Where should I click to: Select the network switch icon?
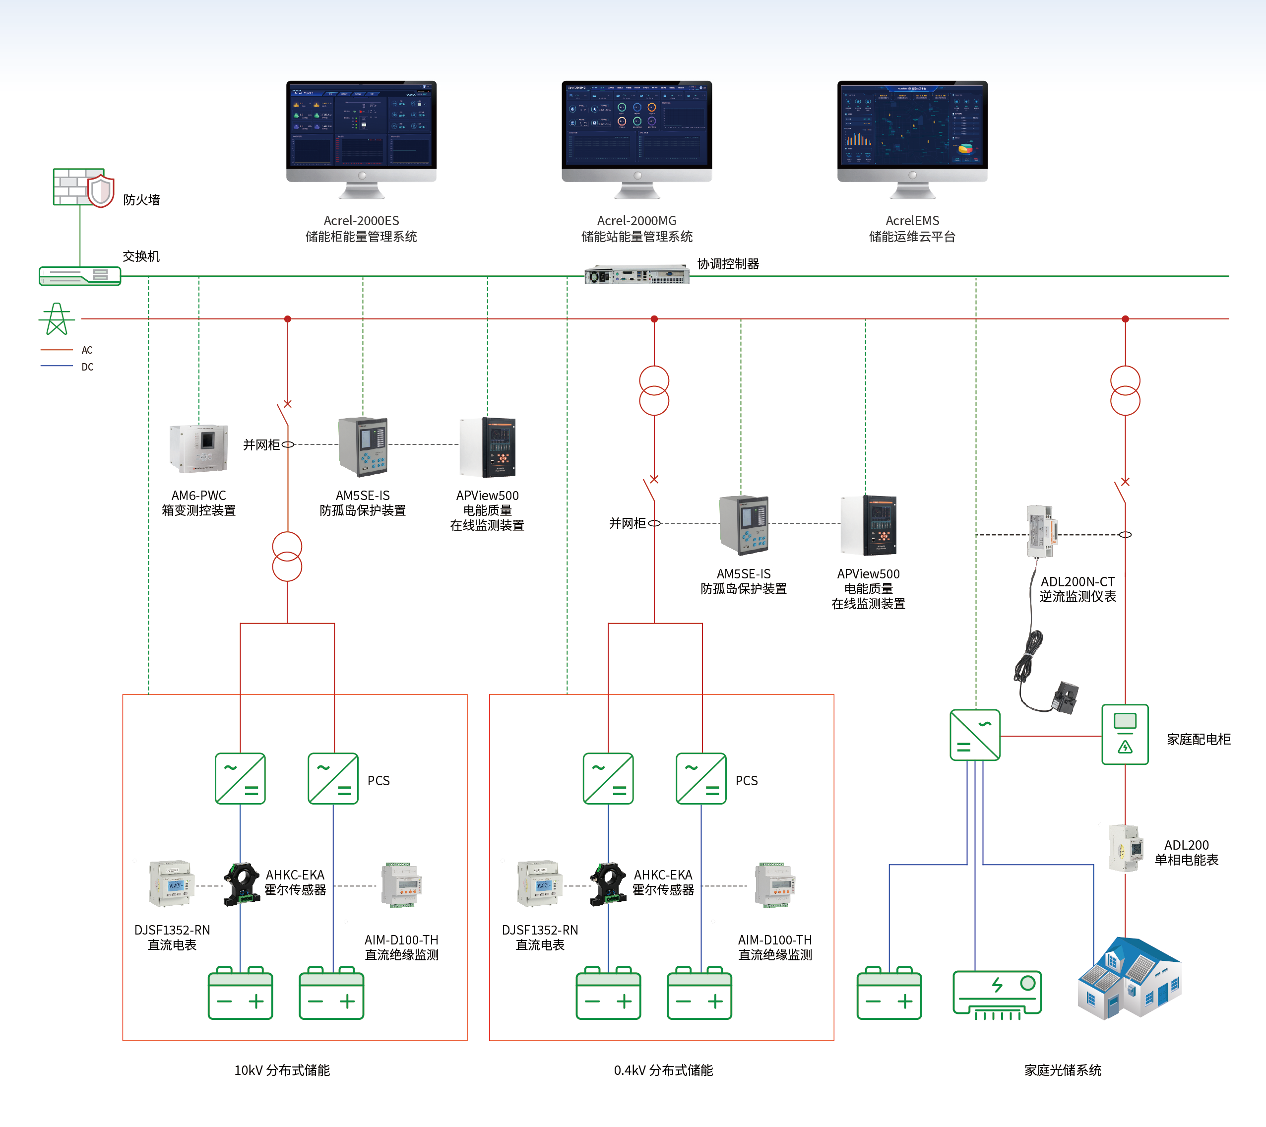point(80,276)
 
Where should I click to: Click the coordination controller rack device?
point(636,274)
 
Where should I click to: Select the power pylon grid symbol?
point(57,319)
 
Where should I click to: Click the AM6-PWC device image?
point(199,448)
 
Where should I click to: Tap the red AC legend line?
point(57,350)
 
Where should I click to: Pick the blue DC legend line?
point(57,367)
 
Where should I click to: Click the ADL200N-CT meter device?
point(1041,531)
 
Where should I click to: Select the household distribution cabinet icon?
point(1125,735)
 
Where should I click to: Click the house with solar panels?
point(1129,978)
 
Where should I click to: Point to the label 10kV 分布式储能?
point(282,1070)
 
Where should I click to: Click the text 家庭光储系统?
point(1063,1070)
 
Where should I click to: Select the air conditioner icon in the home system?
point(997,993)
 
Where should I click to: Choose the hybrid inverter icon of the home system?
point(975,735)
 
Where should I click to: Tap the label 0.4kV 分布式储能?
point(663,1070)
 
